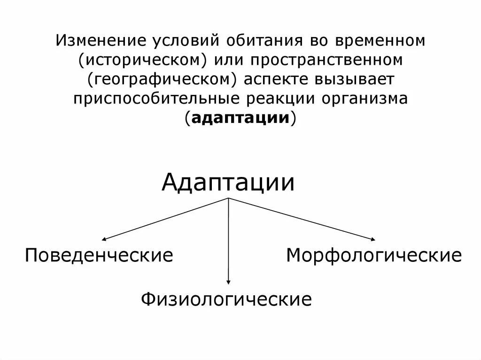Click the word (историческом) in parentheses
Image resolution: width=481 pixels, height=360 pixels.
[x=145, y=60]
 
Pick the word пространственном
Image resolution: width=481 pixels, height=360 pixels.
[x=326, y=60]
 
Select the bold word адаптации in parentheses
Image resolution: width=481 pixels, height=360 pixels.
[x=240, y=118]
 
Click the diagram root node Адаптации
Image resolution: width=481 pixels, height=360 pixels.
[x=228, y=183]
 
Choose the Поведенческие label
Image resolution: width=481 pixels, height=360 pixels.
[x=99, y=256]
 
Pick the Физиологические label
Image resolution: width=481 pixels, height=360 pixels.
[x=227, y=299]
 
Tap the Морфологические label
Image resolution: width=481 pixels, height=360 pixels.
[x=374, y=256]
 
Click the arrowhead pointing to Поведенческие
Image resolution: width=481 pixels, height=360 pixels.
[x=104, y=240]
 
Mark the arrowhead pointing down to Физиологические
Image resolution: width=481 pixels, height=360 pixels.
[x=228, y=282]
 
